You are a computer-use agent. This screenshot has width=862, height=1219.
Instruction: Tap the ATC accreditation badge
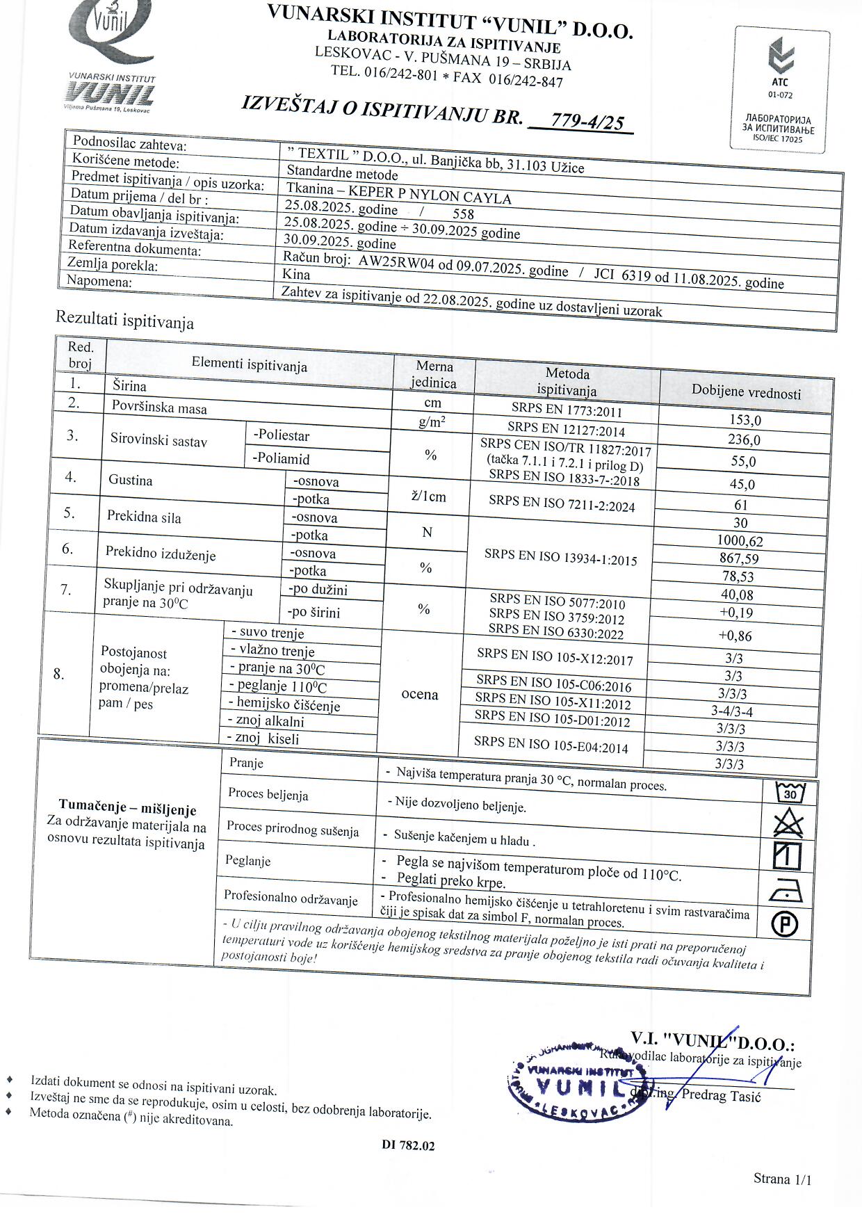tap(781, 88)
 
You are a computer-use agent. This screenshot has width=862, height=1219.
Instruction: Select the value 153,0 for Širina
tap(745, 421)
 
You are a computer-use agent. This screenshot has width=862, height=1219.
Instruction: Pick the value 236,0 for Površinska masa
tap(743, 440)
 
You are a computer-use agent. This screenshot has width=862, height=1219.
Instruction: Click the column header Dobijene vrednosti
tap(746, 392)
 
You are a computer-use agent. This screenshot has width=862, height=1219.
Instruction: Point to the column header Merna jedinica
tap(434, 374)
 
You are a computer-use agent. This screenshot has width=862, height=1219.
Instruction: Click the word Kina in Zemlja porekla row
tap(296, 275)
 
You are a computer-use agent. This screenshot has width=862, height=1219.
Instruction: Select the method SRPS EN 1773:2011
tap(567, 412)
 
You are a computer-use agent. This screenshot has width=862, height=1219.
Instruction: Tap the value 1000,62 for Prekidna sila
tap(740, 541)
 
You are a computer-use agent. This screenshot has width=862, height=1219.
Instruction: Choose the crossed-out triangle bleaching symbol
tap(788, 824)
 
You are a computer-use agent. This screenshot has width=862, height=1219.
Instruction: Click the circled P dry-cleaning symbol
tap(785, 924)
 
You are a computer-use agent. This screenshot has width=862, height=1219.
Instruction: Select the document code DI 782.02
tap(408, 1146)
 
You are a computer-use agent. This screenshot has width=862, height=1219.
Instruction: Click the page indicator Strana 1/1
tap(782, 1178)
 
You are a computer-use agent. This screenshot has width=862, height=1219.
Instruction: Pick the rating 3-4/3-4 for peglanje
tap(732, 711)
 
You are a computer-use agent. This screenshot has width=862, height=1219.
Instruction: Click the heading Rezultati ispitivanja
tap(124, 321)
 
